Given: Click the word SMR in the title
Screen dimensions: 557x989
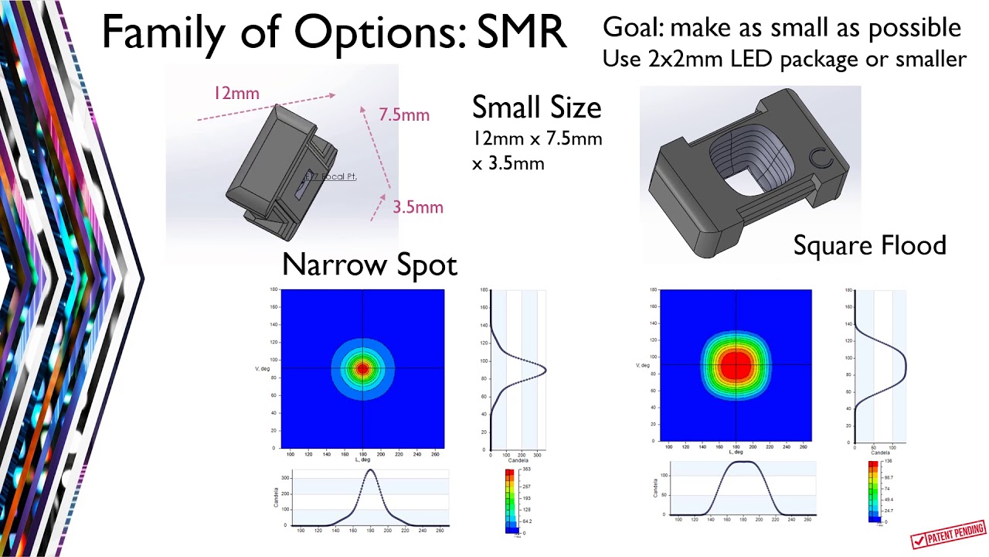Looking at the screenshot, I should point(522,32).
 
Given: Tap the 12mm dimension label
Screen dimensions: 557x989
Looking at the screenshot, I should point(236,94).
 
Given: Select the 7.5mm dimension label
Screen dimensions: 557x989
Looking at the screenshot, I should point(404,114).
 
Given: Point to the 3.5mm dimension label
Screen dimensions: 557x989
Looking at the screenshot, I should point(418,207).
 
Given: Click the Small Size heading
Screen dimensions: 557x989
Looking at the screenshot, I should point(536,108).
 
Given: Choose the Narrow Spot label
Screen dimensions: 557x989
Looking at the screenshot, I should point(369,265).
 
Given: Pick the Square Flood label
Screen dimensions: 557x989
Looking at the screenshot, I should point(869,245).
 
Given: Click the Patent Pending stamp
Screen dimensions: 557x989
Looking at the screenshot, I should point(949,534).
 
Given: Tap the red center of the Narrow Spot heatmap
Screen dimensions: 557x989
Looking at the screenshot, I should point(362,369).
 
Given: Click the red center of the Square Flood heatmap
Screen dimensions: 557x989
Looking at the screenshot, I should point(736,365).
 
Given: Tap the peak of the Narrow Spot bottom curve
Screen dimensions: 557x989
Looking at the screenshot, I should point(371,470).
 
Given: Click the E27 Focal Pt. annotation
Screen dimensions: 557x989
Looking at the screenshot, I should point(331,176).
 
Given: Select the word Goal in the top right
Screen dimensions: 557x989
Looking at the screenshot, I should point(632,28).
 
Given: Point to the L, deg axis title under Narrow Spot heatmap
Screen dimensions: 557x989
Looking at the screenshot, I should point(362,460).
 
